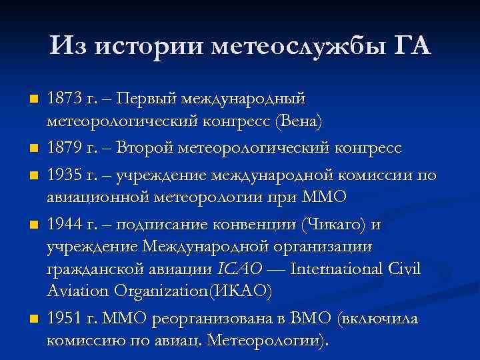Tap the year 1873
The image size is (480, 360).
(64, 99)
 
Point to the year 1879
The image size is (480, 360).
(65, 147)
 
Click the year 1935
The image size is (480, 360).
(65, 175)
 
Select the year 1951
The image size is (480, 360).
(65, 319)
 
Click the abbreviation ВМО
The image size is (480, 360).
(311, 319)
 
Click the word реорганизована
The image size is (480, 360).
(222, 319)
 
